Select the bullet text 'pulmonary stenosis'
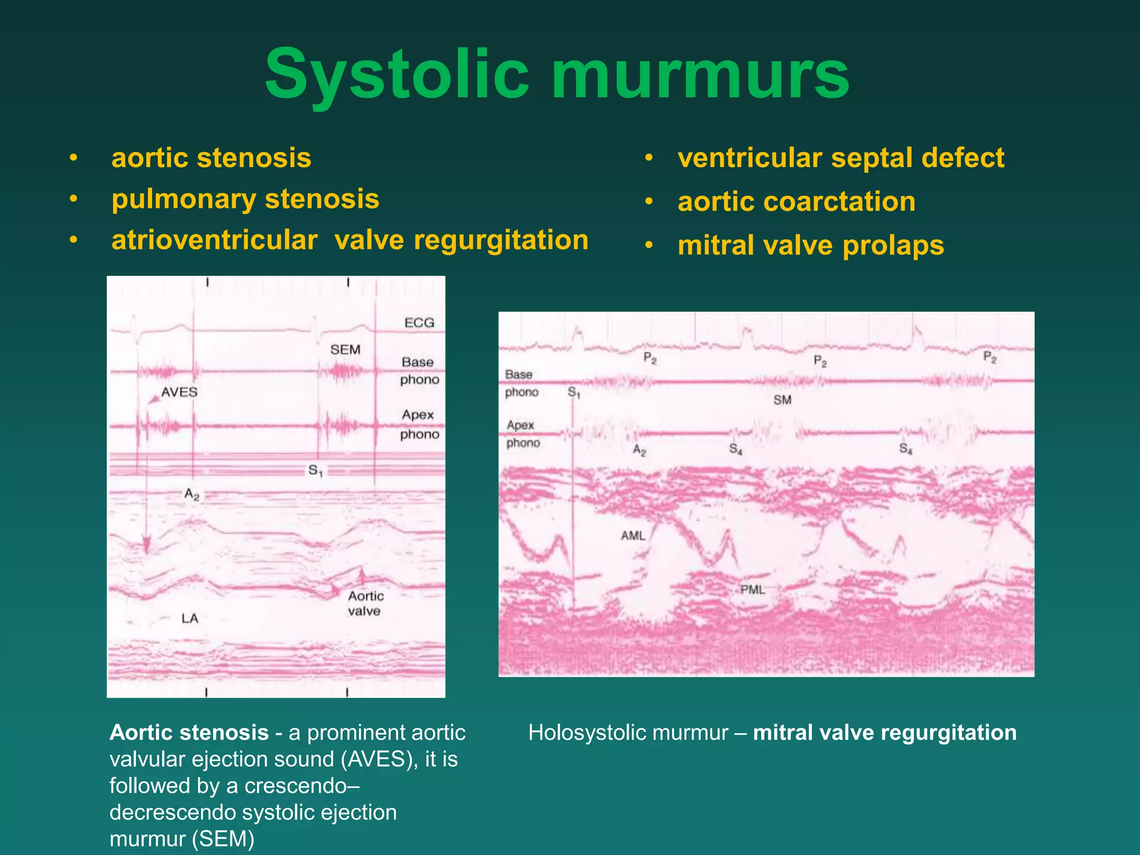[245, 199]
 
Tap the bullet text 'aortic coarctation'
[796, 202]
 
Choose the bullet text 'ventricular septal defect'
[841, 158]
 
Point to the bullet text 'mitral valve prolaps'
[810, 245]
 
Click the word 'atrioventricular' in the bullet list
[214, 240]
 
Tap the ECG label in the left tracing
[419, 323]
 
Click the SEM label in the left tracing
[345, 350]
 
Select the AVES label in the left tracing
[179, 392]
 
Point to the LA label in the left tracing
[190, 618]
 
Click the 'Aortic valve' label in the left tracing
[365, 603]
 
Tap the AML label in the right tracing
[633, 535]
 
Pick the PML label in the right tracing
[753, 589]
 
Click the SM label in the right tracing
[782, 400]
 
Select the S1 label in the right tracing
[574, 393]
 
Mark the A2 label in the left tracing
[192, 494]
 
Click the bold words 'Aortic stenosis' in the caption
[189, 733]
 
